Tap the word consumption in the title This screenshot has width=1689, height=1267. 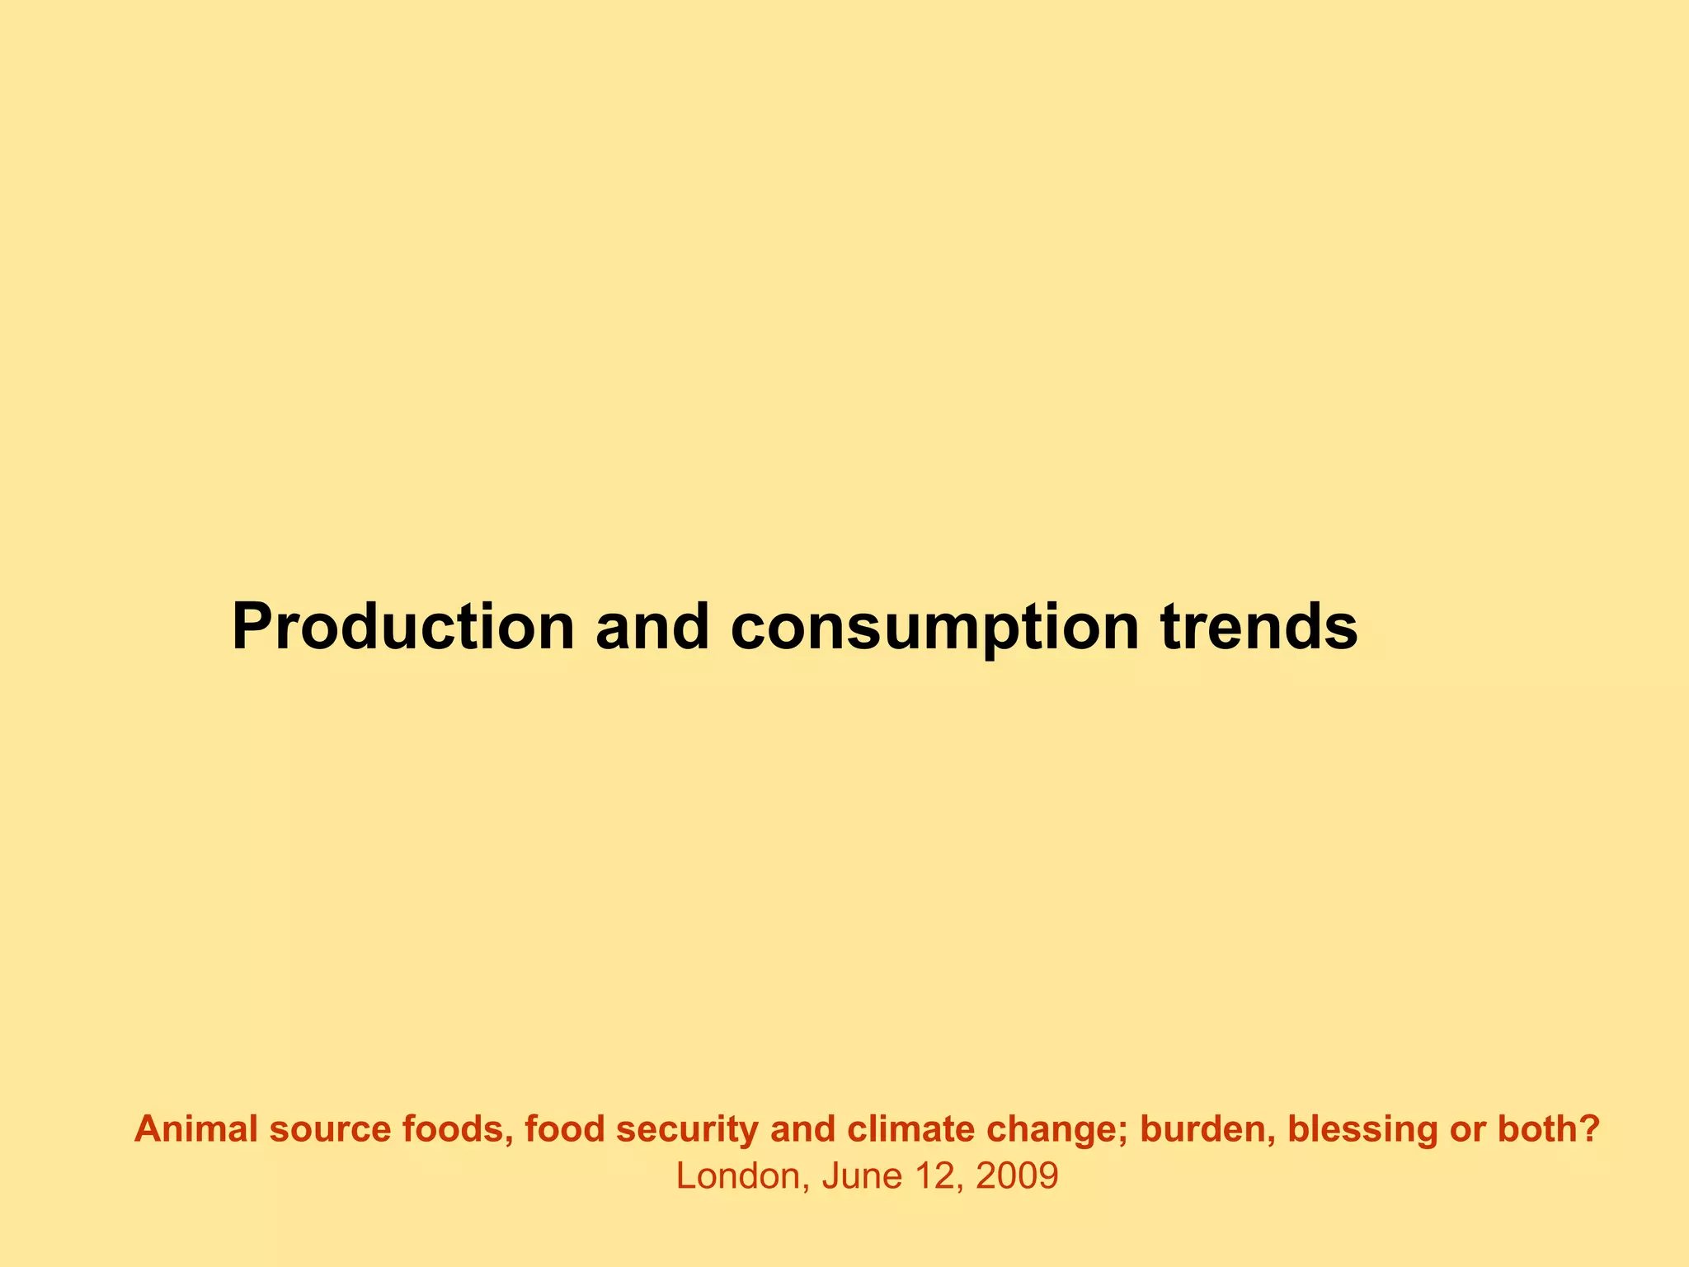click(934, 627)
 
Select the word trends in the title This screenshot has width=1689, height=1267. click(1259, 627)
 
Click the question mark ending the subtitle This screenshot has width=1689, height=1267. click(1591, 1128)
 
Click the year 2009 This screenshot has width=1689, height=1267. click(1017, 1176)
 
